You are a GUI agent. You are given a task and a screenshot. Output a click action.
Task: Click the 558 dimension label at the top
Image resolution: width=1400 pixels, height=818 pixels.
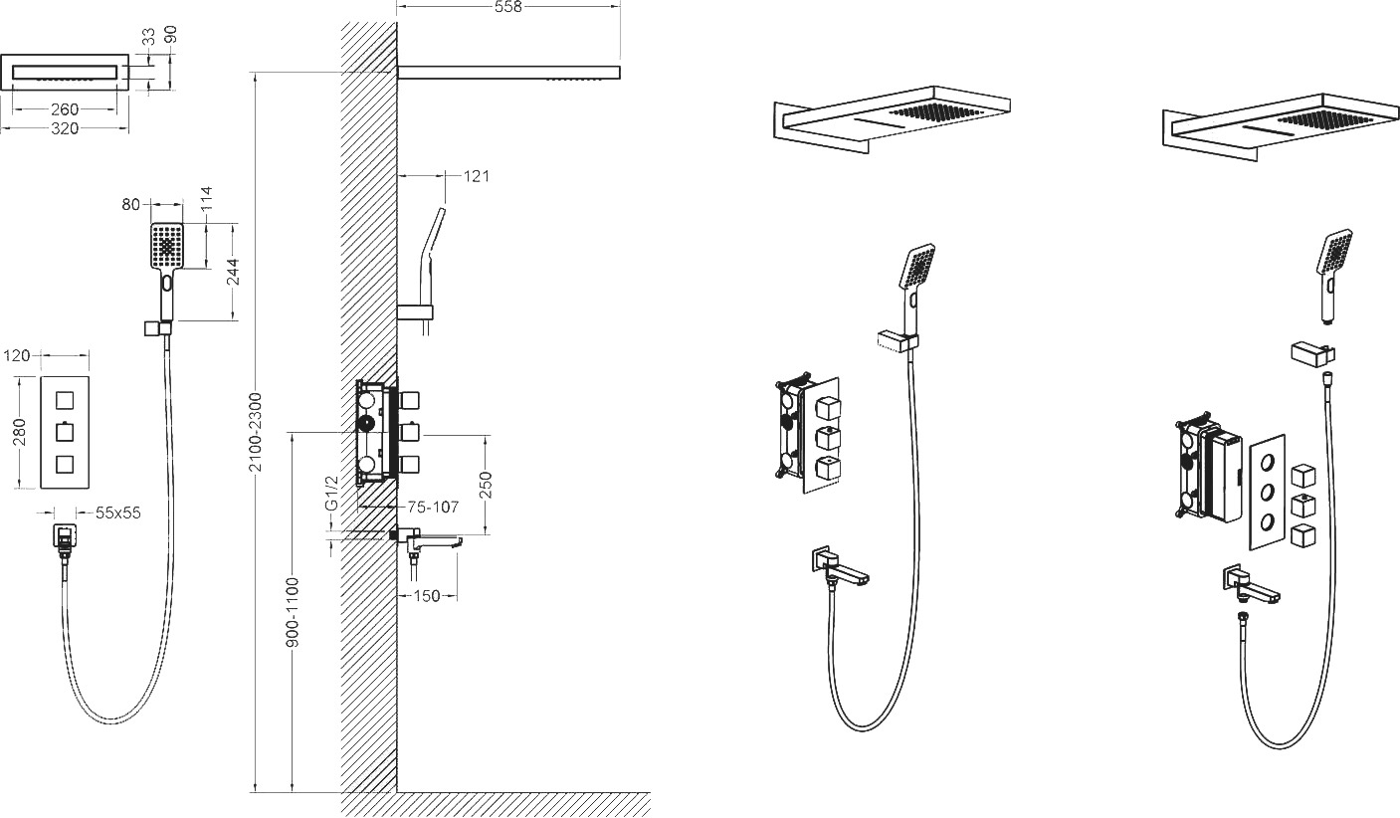[x=507, y=7]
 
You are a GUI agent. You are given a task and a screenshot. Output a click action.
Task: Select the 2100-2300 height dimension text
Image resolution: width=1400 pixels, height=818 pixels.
[x=257, y=432]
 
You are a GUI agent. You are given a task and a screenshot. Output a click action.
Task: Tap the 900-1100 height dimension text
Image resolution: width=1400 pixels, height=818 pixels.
[x=294, y=612]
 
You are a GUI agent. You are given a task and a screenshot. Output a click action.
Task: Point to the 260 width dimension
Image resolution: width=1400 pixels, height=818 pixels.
[x=65, y=109]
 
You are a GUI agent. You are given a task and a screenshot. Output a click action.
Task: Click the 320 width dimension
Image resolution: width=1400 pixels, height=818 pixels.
[x=65, y=128]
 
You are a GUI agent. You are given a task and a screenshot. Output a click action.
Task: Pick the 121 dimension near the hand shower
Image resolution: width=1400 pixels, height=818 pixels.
[x=477, y=176]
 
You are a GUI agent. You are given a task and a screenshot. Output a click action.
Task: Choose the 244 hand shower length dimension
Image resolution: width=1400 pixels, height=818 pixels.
[x=233, y=272]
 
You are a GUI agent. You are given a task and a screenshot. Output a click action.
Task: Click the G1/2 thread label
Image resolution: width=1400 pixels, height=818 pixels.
[x=331, y=493]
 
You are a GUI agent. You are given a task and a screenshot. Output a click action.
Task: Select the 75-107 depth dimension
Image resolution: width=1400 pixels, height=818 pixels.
[x=433, y=507]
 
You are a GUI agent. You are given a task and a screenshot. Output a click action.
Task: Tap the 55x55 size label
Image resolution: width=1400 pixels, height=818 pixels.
[x=118, y=513]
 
